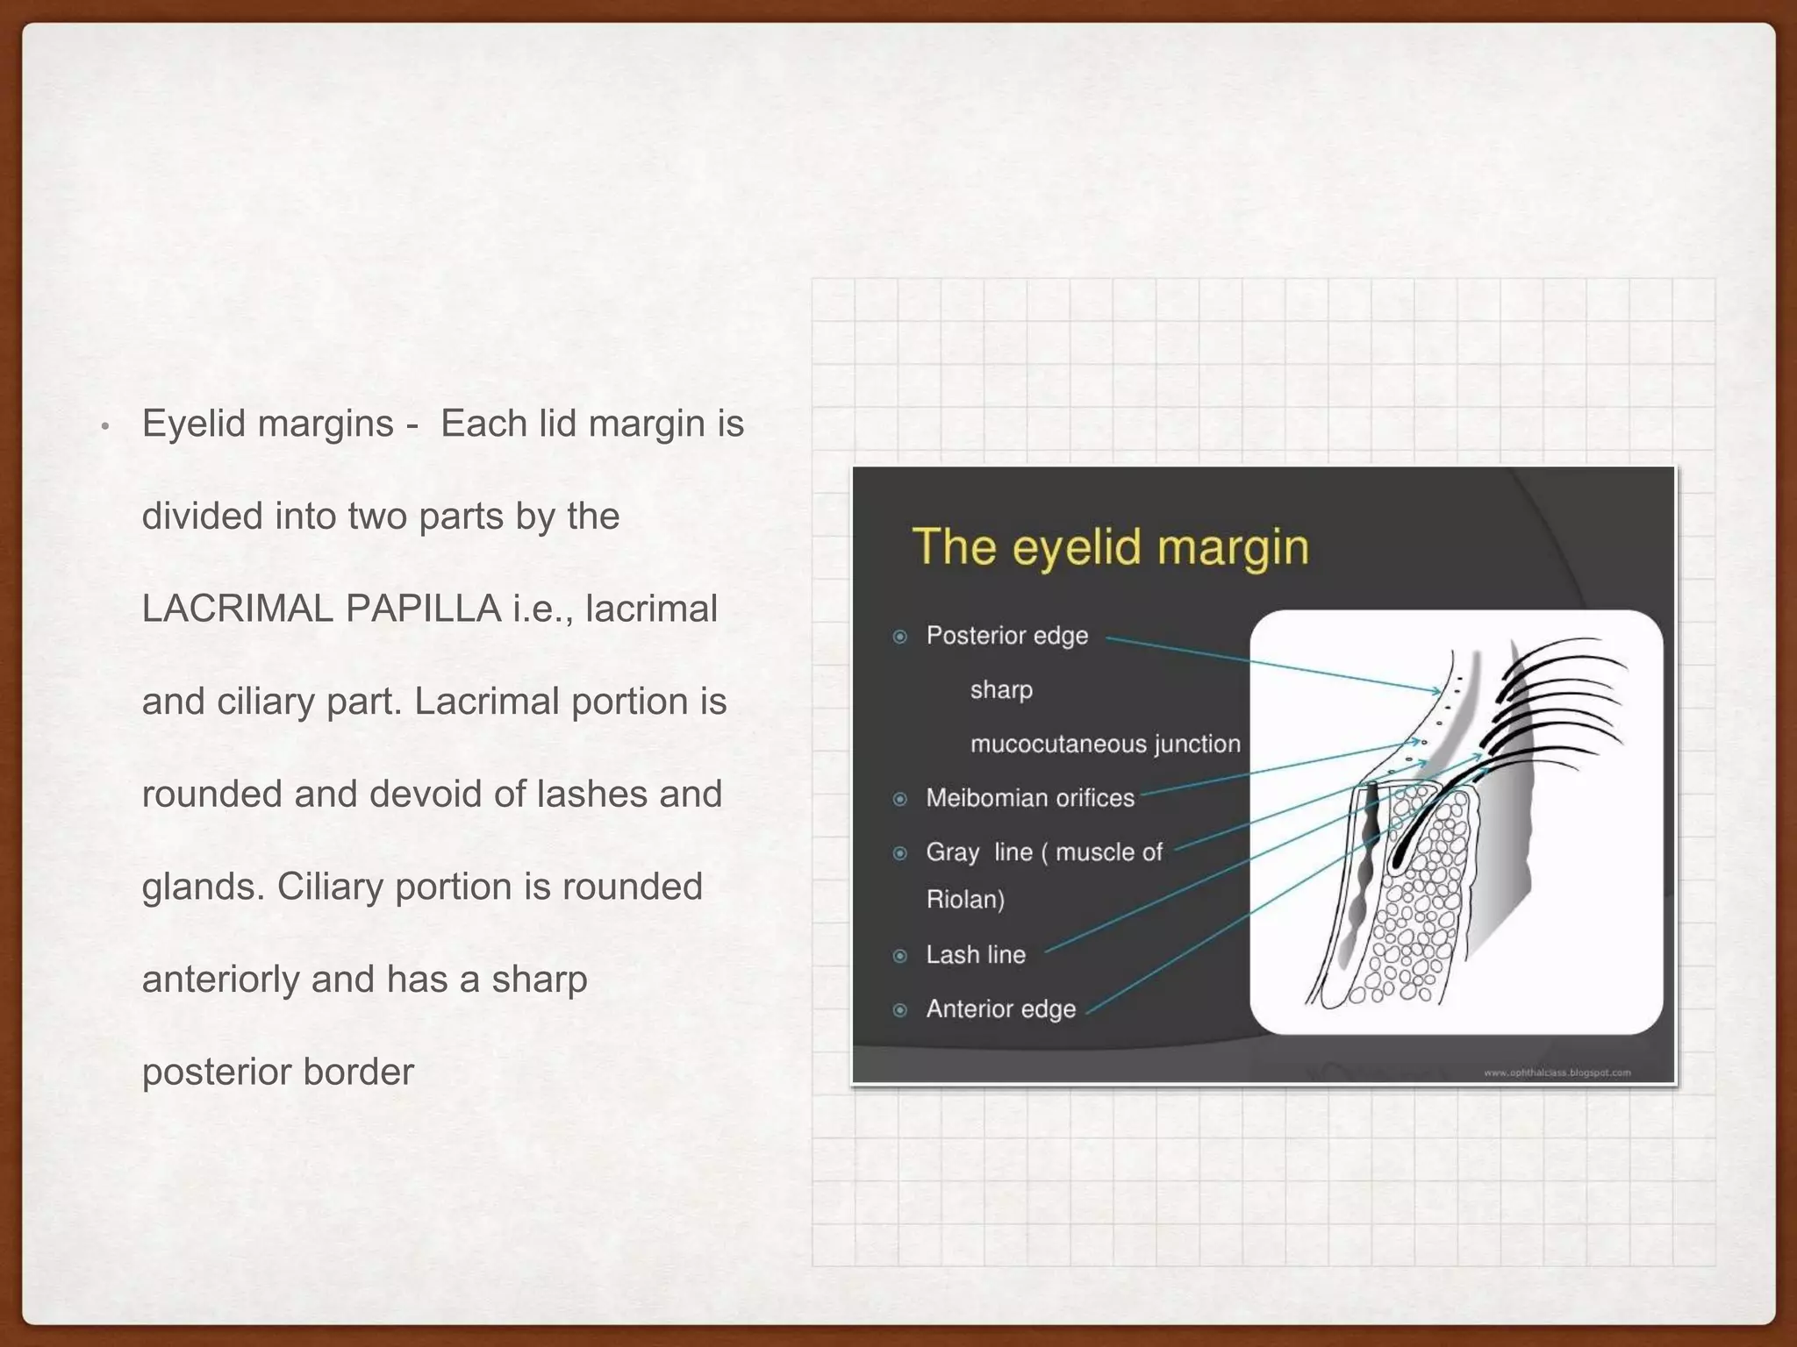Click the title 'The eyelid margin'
pos(1110,547)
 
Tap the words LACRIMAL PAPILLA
pos(321,609)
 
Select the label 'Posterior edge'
pos(1006,636)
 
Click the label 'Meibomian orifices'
pos(1030,798)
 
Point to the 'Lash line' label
pos(976,955)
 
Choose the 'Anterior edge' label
pos(1000,1009)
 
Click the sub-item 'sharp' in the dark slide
pos(1001,690)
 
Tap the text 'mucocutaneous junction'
pos(1105,745)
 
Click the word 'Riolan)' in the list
pos(965,900)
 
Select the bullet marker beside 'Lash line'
pos(900,956)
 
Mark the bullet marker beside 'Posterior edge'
pos(900,637)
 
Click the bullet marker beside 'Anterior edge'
pos(900,1010)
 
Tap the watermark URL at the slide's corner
pos(1557,1073)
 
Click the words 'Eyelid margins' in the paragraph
pos(268,424)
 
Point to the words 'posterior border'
pos(277,1072)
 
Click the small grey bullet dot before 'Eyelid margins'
pos(104,427)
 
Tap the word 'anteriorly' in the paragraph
pos(220,979)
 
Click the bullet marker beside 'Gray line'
pos(900,853)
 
